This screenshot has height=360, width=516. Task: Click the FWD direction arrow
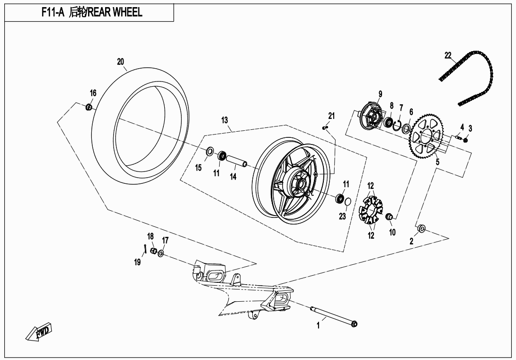tap(39, 332)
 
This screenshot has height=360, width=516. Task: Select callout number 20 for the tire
tap(120, 62)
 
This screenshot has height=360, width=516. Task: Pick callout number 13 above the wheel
tap(224, 120)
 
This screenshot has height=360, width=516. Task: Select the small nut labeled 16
tap(89, 108)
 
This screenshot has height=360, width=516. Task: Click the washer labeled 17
tap(161, 254)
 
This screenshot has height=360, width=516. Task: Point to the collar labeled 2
tap(421, 230)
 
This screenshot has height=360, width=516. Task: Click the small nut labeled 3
tap(465, 140)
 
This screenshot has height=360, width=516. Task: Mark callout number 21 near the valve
tap(331, 116)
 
